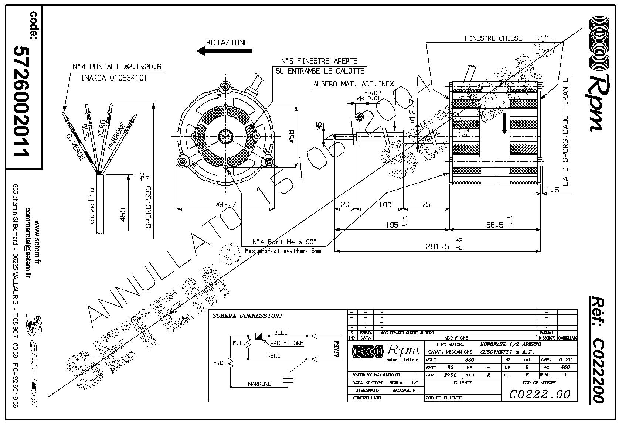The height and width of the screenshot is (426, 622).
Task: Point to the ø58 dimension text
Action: pyautogui.click(x=292, y=136)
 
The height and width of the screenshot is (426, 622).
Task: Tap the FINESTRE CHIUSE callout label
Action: pyautogui.click(x=493, y=38)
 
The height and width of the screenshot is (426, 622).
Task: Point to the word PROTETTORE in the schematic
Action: pyautogui.click(x=286, y=343)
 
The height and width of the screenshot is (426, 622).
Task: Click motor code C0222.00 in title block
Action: pyautogui.click(x=540, y=394)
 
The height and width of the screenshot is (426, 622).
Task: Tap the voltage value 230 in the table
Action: pyautogui.click(x=469, y=359)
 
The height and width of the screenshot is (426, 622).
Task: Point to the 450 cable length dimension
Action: pyautogui.click(x=123, y=214)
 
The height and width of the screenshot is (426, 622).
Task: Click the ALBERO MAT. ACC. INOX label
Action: pyautogui.click(x=353, y=84)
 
